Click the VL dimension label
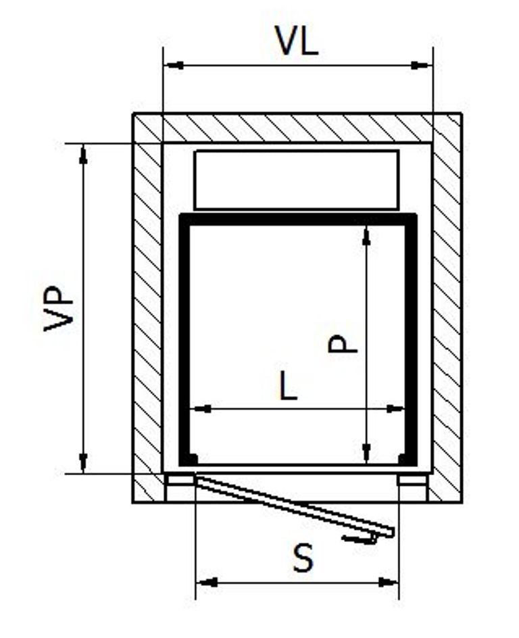[297, 41]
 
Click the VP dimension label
[59, 309]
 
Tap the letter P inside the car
[343, 344]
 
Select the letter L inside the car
[289, 387]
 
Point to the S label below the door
[303, 558]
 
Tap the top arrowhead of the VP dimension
[83, 154]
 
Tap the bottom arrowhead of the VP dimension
[83, 463]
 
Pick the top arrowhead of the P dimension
[366, 236]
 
